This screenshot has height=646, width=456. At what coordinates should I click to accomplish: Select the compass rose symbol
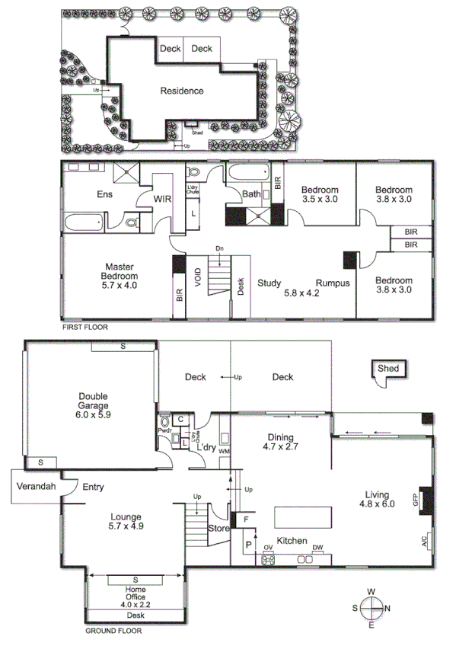click(371, 608)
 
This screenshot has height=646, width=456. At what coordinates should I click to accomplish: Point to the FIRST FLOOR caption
click(85, 327)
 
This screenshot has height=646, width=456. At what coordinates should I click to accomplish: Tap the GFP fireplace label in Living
click(416, 500)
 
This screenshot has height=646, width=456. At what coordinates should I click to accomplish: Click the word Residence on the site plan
click(181, 91)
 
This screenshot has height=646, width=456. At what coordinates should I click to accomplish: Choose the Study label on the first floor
click(269, 283)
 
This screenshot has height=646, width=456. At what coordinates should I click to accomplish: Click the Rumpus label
click(333, 283)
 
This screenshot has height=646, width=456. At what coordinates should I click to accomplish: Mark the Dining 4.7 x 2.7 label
click(279, 442)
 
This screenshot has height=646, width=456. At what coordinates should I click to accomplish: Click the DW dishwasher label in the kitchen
click(317, 546)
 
